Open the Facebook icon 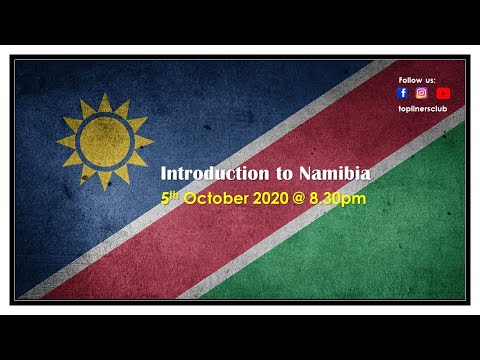402,93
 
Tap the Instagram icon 422,93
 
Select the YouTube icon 443,93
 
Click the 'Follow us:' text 417,79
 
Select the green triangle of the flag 400,240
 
